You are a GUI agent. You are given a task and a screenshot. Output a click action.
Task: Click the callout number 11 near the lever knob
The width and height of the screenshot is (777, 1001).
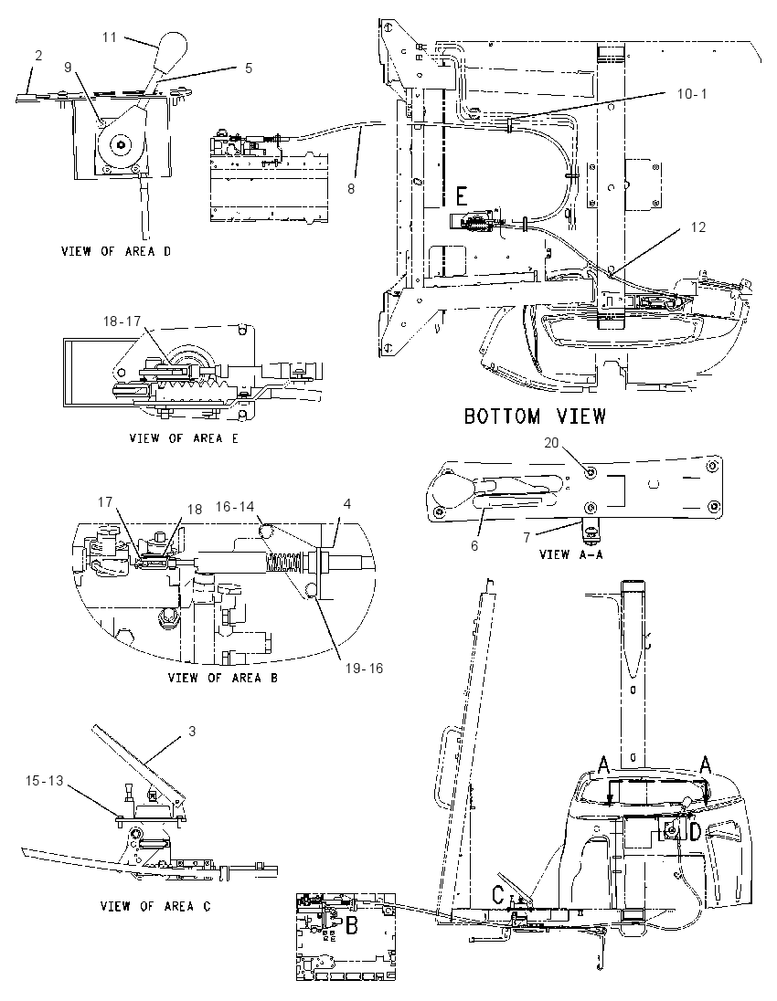tap(110, 37)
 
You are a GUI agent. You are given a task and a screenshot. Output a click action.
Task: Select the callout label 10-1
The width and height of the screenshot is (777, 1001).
tap(692, 94)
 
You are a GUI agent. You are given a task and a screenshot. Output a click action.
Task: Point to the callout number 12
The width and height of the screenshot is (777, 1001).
tap(698, 227)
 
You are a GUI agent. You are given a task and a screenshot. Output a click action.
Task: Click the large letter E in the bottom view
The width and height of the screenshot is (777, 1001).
tap(463, 194)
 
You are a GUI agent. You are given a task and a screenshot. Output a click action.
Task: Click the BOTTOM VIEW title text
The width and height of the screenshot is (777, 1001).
tap(535, 416)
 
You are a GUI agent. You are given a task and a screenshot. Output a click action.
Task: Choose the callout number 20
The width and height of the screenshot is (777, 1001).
tap(551, 442)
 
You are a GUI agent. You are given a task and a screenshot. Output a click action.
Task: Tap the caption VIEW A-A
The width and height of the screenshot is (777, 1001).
tap(570, 554)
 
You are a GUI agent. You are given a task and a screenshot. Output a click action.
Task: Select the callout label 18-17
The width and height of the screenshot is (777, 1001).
tap(122, 321)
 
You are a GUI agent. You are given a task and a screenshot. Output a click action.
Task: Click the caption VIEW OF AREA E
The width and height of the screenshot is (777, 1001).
tap(184, 438)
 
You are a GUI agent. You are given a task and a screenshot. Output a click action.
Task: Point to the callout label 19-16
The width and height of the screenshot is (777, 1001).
tap(365, 668)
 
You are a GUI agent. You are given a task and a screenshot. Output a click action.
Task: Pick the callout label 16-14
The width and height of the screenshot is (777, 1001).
tap(235, 506)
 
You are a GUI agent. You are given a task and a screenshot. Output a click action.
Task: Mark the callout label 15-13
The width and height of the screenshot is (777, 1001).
tap(45, 780)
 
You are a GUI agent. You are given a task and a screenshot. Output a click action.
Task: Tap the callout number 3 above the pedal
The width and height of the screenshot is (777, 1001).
tap(192, 731)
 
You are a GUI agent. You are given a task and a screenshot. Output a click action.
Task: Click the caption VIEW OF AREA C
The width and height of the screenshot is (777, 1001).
tap(155, 906)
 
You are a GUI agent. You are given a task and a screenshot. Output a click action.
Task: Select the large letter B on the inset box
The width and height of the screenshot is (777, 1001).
tap(351, 925)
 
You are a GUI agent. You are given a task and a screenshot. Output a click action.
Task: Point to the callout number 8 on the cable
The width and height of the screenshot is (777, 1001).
tap(351, 188)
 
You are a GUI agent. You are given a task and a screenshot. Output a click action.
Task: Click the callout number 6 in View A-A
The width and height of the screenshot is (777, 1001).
tap(474, 546)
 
